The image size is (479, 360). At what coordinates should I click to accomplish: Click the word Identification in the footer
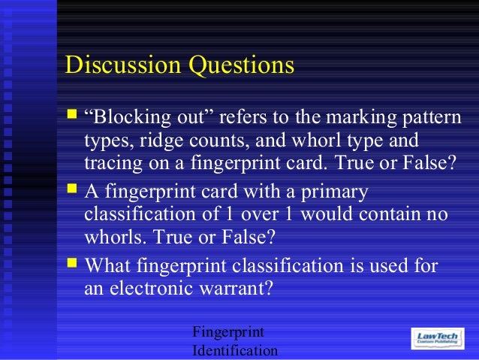pos(235,351)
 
